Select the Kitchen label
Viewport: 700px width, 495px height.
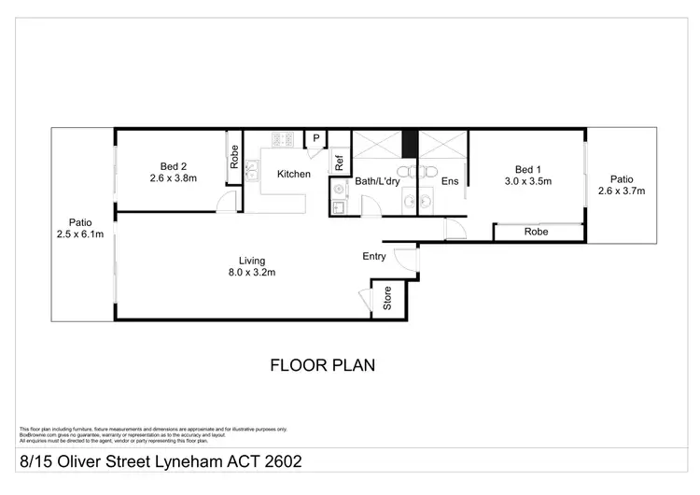292,174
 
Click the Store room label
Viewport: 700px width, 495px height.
387,301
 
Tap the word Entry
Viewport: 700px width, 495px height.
375,255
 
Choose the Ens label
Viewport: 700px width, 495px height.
450,181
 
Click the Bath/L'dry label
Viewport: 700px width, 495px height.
377,181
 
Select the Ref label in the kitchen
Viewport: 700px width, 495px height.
339,163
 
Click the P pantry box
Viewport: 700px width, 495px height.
316,139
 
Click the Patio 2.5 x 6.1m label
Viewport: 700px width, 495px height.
79,229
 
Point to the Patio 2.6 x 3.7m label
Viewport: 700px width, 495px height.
622,184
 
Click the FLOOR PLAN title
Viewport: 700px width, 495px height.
322,364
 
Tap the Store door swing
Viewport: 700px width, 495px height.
364,298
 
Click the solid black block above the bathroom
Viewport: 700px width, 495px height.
408,143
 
